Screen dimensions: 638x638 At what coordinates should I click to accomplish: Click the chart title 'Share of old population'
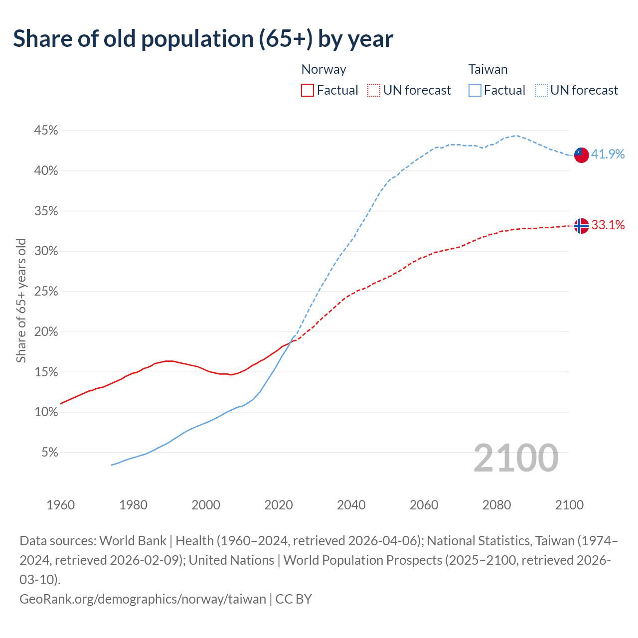(x=203, y=38)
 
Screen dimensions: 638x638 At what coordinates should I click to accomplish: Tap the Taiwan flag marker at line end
(x=581, y=155)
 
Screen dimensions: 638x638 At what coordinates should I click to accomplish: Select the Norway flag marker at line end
(x=581, y=226)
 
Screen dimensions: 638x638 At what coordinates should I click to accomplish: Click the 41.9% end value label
(x=608, y=154)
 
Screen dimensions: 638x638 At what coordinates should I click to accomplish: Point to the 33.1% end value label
(x=608, y=225)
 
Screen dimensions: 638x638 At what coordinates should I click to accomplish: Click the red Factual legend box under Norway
(x=308, y=90)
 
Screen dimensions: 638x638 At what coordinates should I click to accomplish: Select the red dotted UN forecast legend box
(x=374, y=90)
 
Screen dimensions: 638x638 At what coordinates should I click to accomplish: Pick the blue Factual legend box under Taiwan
(x=475, y=90)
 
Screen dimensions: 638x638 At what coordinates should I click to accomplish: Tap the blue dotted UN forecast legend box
(x=541, y=90)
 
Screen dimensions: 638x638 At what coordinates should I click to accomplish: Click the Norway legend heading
(x=323, y=69)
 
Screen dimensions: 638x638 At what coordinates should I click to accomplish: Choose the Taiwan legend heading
(x=487, y=69)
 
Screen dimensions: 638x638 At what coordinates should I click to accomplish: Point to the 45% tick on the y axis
(x=46, y=131)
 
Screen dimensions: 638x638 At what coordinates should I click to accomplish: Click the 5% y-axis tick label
(x=49, y=453)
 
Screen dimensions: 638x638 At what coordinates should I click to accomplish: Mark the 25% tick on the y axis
(x=46, y=292)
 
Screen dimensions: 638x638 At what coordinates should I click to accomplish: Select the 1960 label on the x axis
(x=60, y=505)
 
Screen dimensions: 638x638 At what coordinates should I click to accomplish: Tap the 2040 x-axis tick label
(x=351, y=505)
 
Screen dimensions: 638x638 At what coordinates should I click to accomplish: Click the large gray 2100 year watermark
(x=515, y=458)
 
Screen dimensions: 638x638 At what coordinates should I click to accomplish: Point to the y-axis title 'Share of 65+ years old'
(x=21, y=301)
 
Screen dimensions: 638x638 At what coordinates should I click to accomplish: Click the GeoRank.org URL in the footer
(x=143, y=599)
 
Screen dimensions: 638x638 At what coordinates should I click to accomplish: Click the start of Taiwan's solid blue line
(x=112, y=465)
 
